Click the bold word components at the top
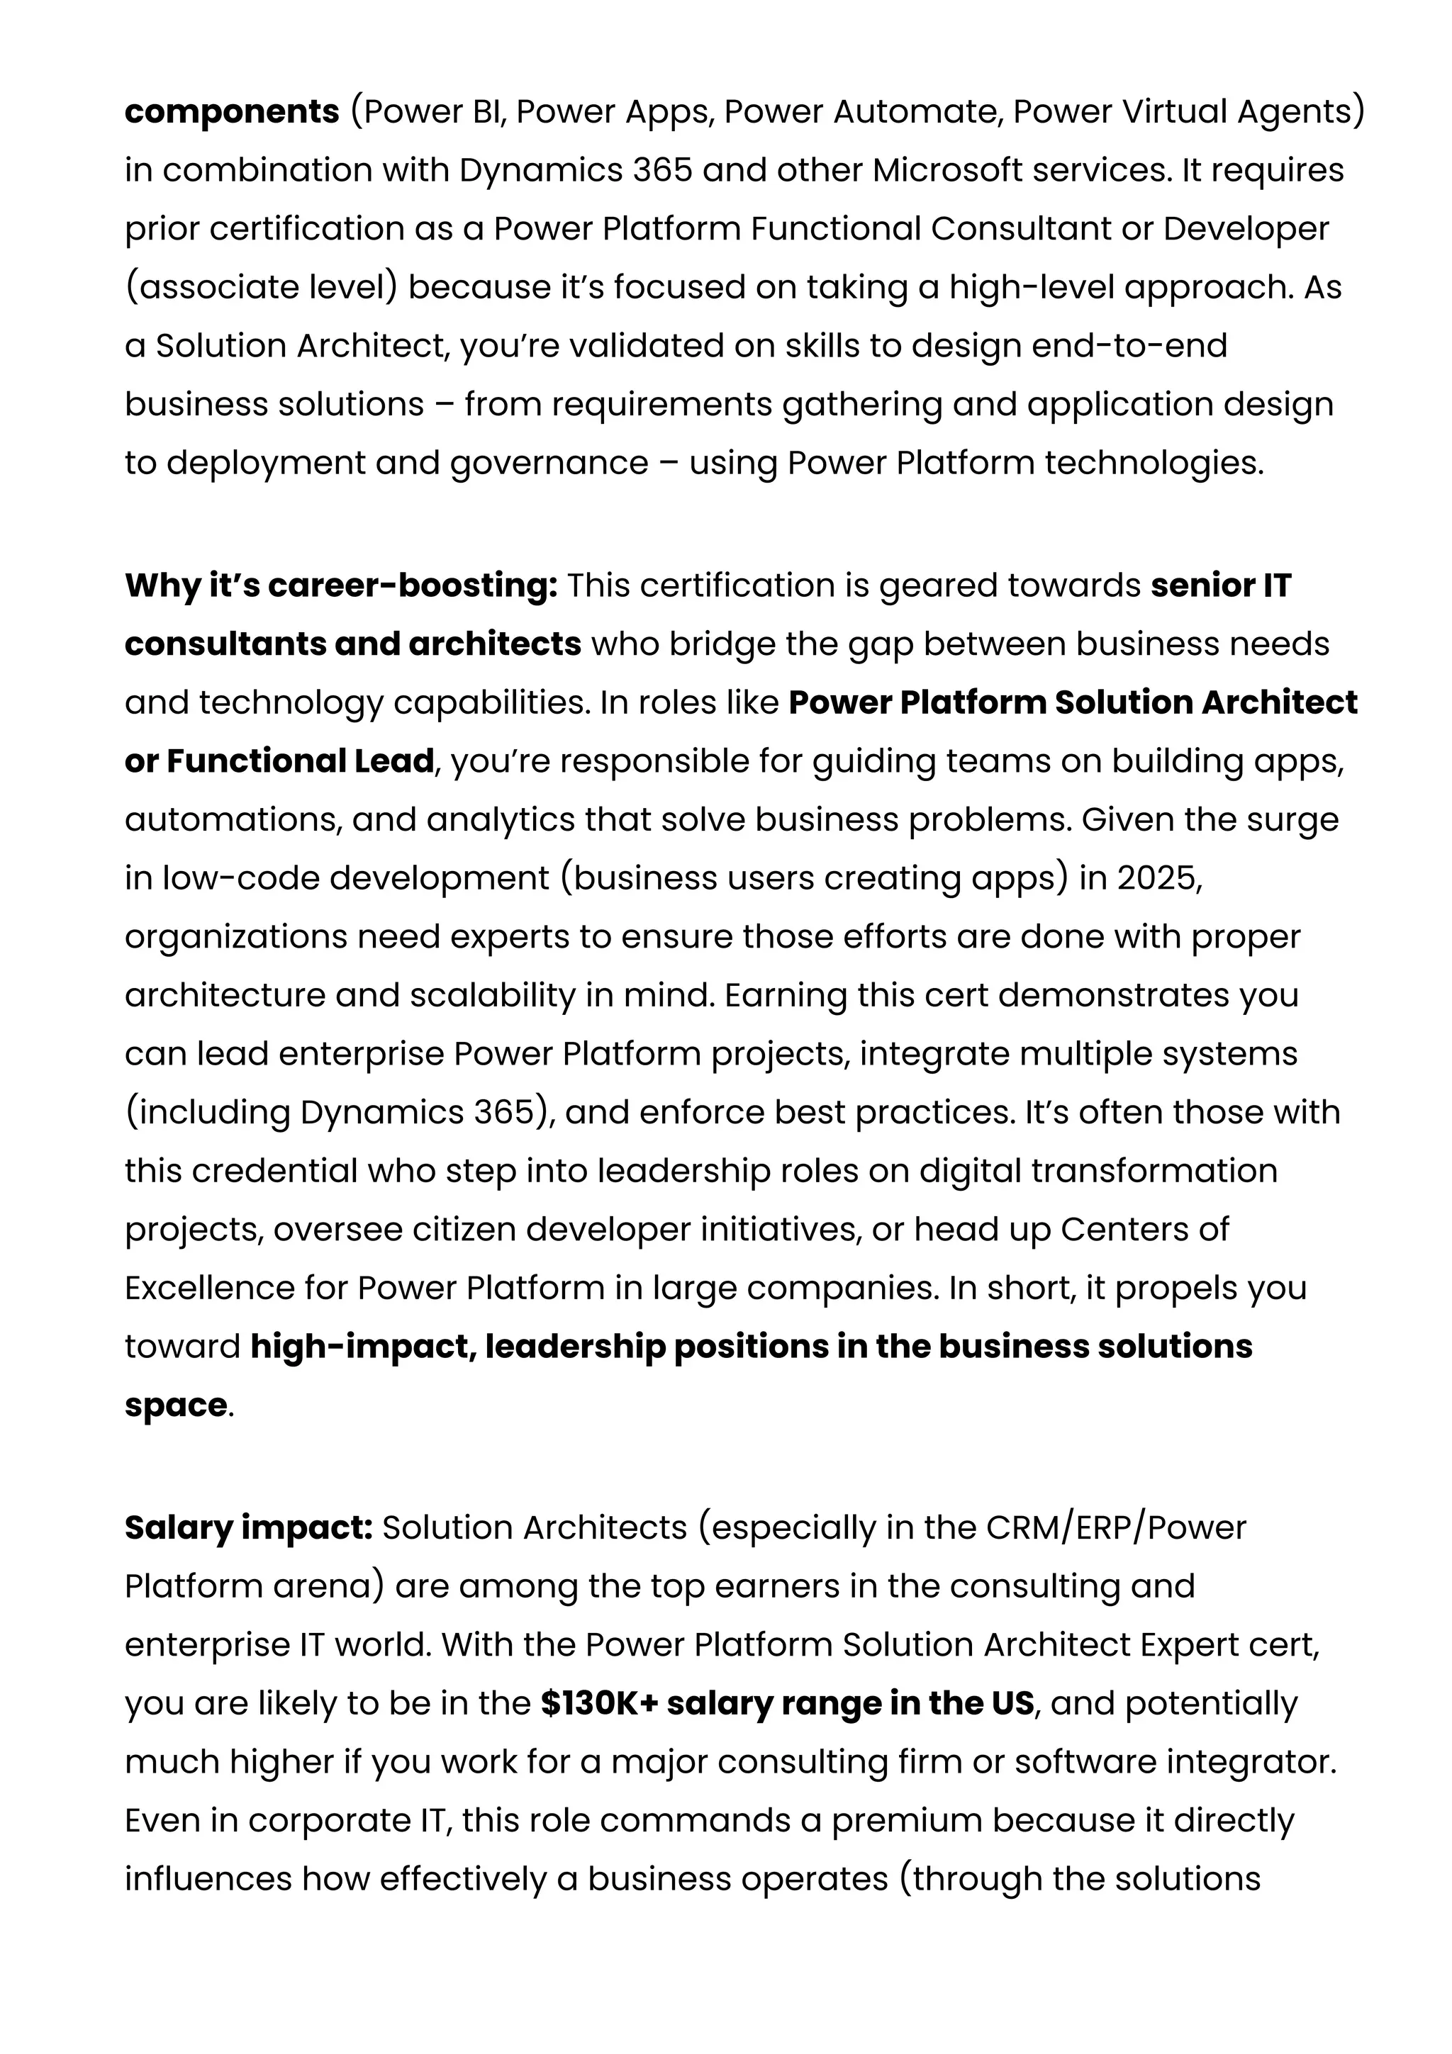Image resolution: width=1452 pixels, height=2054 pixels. (232, 112)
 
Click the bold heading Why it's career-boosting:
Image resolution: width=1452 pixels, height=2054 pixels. (341, 586)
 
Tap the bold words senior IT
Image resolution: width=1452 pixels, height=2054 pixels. (1220, 586)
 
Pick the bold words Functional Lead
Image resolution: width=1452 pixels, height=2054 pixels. (301, 761)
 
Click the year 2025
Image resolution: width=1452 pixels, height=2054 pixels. (1158, 878)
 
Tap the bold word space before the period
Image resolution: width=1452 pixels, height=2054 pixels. (175, 1405)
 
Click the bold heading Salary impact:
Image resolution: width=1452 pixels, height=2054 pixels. (248, 1528)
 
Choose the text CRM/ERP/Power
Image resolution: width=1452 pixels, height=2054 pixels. (1115, 1528)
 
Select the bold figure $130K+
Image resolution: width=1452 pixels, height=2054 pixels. (598, 1703)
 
